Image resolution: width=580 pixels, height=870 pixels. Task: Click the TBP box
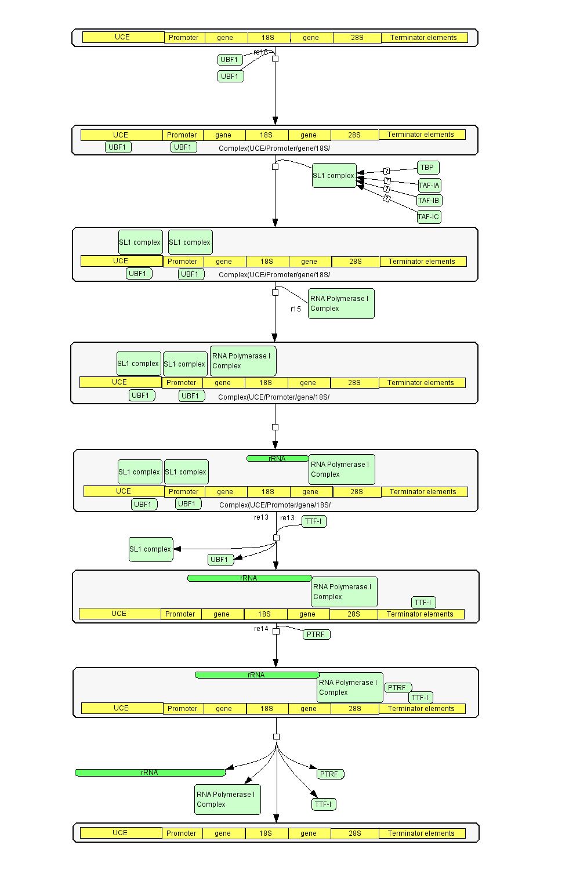(427, 168)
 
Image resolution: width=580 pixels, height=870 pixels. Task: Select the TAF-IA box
(429, 186)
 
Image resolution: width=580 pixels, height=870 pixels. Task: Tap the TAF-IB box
(429, 201)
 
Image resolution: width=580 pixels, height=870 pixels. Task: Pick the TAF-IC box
(429, 217)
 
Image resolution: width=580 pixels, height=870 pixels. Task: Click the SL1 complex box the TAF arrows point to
(334, 176)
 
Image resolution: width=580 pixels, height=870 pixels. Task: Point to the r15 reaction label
(296, 309)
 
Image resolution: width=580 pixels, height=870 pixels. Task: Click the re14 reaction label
(261, 629)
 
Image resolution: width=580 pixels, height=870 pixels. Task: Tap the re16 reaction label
(260, 52)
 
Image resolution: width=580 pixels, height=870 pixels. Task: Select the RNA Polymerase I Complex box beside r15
(341, 303)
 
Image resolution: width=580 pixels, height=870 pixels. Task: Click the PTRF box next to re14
(316, 635)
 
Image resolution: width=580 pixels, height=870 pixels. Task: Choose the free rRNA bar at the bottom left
(150, 773)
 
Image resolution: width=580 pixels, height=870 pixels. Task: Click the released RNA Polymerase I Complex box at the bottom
(227, 799)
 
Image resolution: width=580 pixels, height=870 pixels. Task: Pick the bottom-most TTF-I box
(324, 804)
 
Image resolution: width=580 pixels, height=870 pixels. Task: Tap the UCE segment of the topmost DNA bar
(123, 37)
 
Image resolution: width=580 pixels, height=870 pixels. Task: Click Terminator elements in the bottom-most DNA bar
(422, 833)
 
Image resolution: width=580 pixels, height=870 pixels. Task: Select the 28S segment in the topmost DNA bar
(357, 38)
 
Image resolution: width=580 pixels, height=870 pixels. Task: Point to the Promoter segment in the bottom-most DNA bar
(182, 833)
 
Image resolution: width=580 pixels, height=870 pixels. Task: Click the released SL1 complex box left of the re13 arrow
(151, 549)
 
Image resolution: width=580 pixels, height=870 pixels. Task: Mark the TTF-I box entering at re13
(314, 521)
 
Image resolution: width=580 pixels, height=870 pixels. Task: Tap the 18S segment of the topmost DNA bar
(268, 38)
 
